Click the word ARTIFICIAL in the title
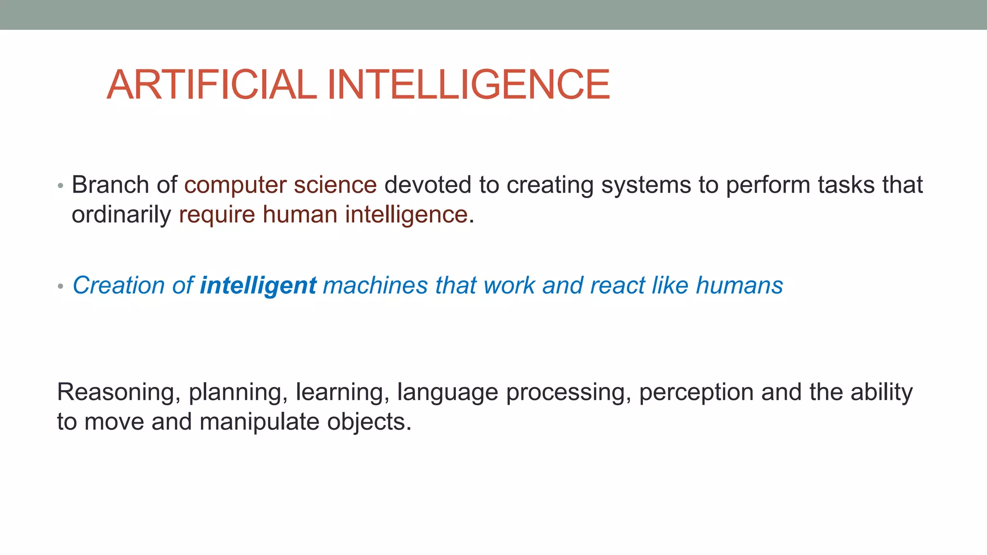tap(211, 85)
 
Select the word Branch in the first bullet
tap(110, 185)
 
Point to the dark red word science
tap(335, 185)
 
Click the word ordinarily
tap(121, 215)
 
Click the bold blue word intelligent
tap(258, 286)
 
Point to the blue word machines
tap(375, 285)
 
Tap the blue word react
tap(617, 285)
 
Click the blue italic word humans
tap(739, 285)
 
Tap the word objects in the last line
tap(369, 422)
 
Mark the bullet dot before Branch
tap(60, 186)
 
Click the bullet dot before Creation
tap(60, 287)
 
